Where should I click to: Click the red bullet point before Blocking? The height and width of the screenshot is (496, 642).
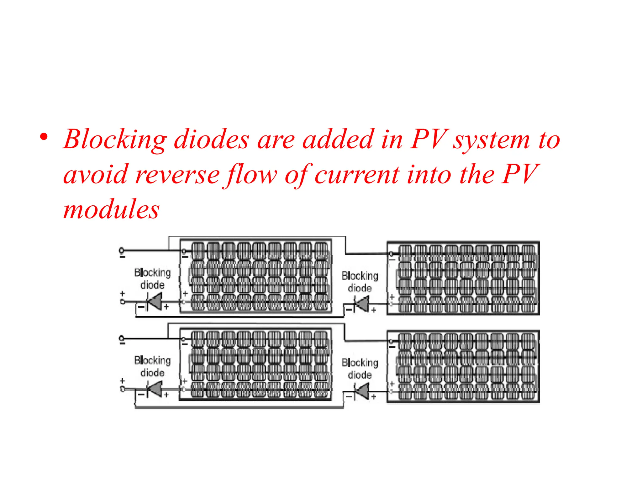44,137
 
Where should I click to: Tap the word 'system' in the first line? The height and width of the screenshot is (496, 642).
491,140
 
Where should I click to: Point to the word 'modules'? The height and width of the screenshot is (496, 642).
111,209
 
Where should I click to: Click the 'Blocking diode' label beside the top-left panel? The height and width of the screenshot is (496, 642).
152,278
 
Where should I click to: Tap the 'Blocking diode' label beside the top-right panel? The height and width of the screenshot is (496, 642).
360,282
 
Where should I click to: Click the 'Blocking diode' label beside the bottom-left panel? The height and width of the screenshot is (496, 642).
152,366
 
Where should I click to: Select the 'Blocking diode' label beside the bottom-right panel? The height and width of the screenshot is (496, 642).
360,368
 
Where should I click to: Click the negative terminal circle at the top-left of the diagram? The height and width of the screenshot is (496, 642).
122,250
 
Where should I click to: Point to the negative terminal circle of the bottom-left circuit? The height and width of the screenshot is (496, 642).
122,338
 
